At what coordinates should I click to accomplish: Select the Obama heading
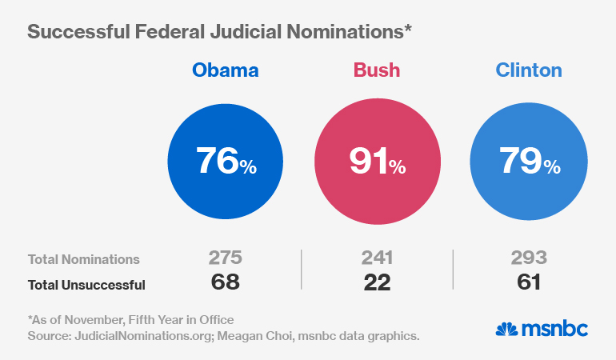226,70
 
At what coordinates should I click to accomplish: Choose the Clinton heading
529,70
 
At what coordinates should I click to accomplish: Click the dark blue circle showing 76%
226,162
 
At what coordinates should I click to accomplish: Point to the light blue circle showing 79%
529,162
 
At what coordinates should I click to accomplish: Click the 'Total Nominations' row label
84,259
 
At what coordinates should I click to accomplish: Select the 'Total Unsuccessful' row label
86,283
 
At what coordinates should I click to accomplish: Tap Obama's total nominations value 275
225,258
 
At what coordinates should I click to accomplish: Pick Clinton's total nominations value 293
529,258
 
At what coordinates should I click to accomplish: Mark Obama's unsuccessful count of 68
225,282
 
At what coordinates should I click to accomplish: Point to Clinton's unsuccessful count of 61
529,282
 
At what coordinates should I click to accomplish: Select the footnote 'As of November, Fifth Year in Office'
131,320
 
